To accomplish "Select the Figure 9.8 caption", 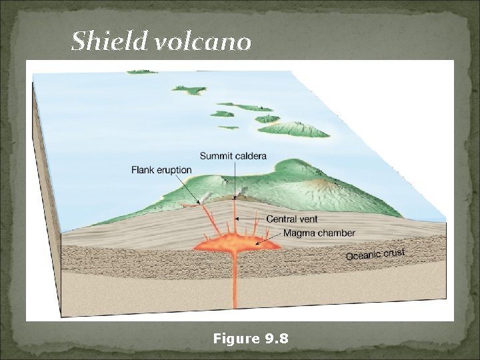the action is coord(250,339).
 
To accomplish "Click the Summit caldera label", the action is coord(233,156).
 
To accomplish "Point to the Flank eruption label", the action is coord(161,170).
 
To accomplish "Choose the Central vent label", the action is coord(292,218).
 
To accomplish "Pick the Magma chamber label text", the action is coord(319,233).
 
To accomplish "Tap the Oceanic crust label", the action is coord(376,255).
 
